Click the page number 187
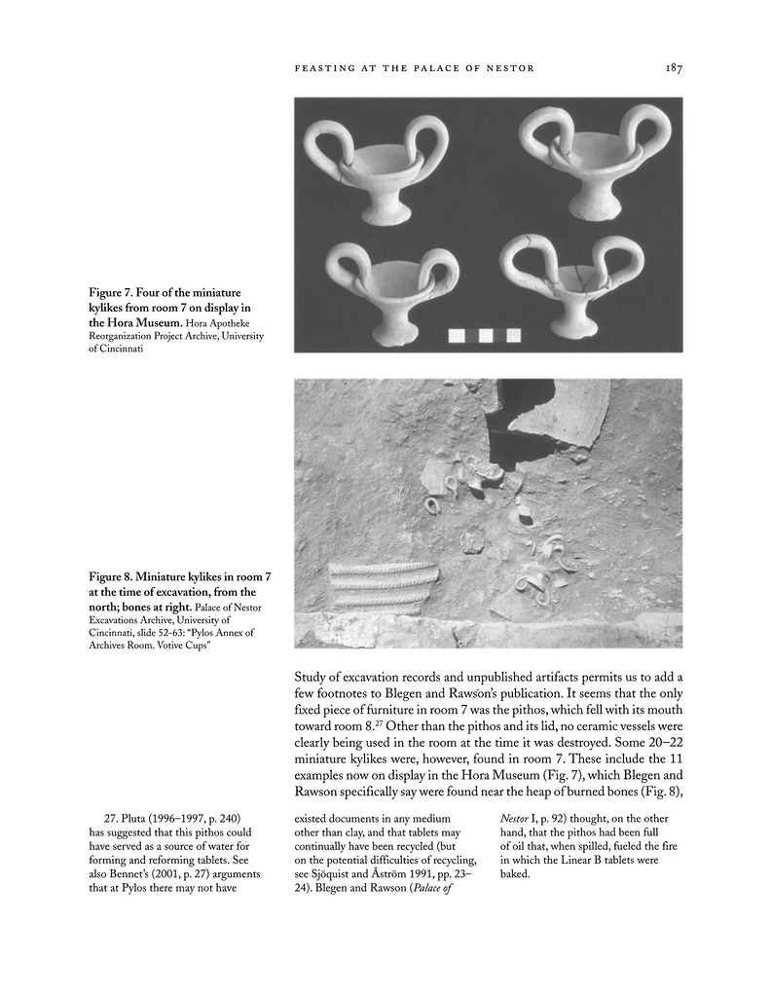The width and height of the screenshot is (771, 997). point(673,68)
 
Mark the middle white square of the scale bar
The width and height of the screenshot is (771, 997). point(484,337)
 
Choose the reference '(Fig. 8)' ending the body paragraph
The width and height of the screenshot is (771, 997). point(661,783)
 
